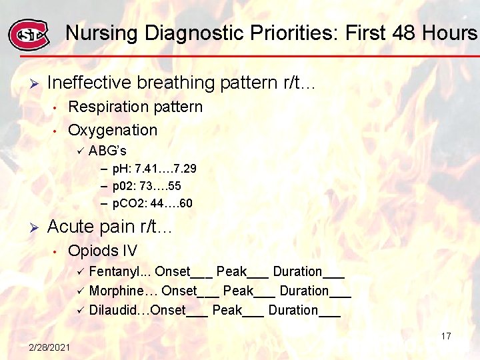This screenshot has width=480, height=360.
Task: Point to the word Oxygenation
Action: point(113,130)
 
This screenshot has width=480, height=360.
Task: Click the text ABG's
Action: point(107,151)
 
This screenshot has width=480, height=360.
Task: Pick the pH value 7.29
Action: point(183,169)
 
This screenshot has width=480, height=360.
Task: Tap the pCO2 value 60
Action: point(186,203)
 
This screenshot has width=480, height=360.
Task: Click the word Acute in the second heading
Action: point(69,227)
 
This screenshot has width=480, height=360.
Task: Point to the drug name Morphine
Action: point(116,291)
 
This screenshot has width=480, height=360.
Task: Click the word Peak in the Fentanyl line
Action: point(231,271)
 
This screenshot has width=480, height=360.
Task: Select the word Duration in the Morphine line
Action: point(304,291)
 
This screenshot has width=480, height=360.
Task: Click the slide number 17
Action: point(446,336)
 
